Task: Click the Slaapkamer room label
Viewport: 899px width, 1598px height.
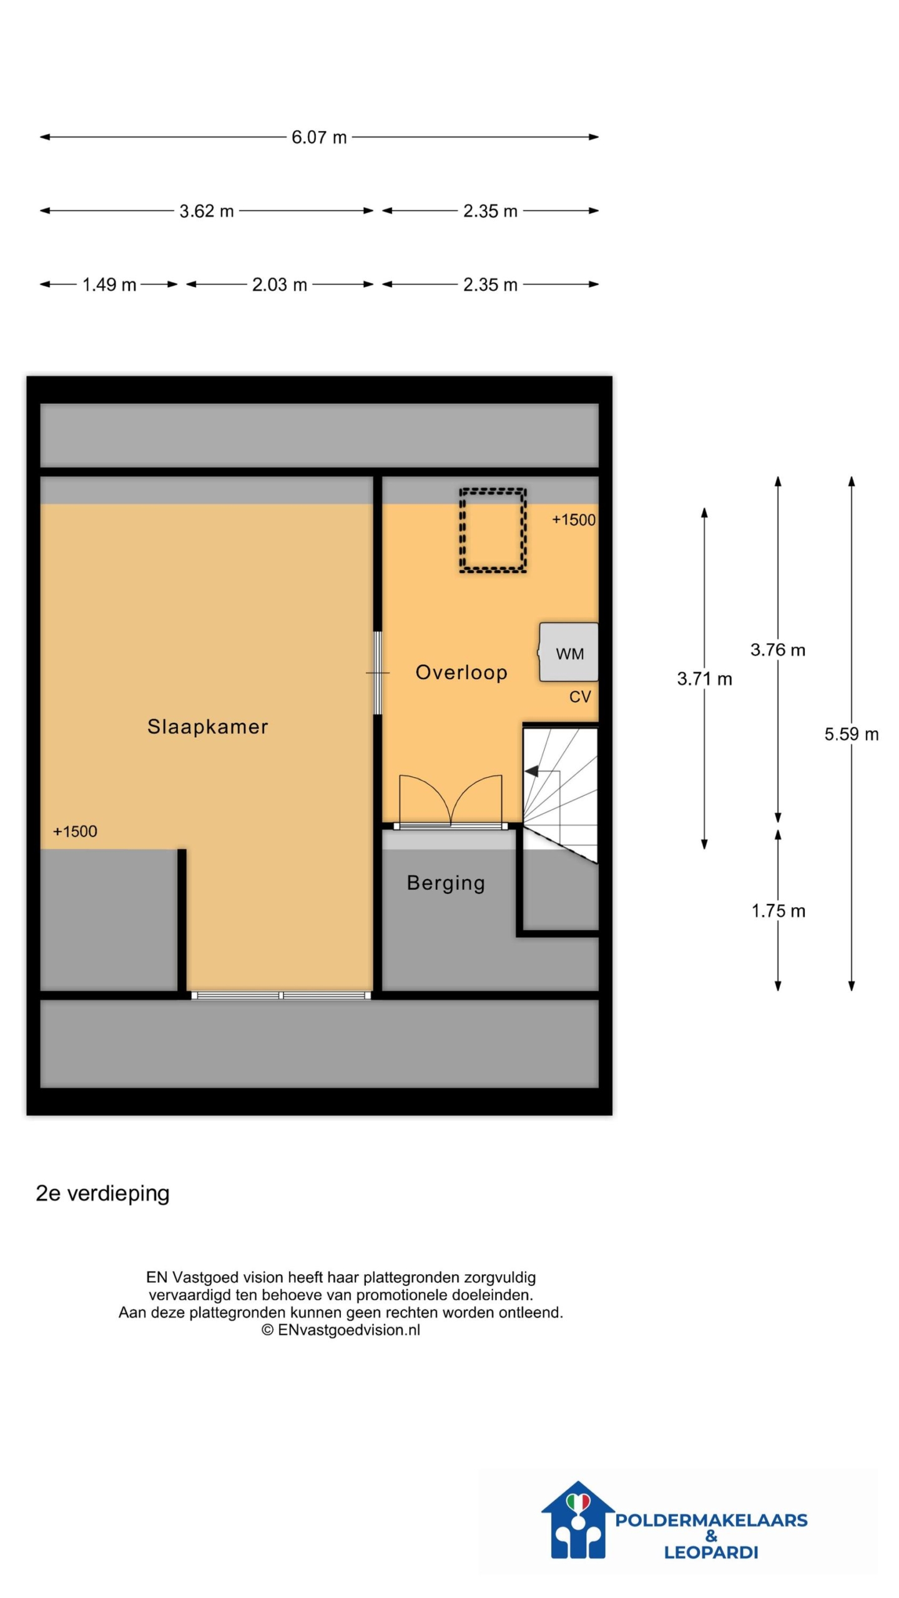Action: (207, 727)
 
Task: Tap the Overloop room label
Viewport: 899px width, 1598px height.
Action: (461, 672)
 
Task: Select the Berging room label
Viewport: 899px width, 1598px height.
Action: (446, 883)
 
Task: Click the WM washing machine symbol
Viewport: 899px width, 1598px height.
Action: (568, 652)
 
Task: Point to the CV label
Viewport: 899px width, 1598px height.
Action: (580, 697)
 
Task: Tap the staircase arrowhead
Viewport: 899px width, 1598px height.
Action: (531, 772)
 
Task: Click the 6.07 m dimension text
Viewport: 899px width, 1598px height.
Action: (319, 137)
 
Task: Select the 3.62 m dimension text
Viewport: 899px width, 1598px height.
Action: (207, 211)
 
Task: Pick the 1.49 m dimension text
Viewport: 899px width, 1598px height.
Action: (109, 285)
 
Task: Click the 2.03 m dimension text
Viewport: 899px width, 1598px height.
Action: (279, 285)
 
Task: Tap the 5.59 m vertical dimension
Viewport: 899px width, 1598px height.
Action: (852, 734)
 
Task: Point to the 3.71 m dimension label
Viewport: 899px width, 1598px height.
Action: (704, 679)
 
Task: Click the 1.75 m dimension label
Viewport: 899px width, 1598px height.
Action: (778, 911)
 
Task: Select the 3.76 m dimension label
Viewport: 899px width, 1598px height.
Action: (778, 650)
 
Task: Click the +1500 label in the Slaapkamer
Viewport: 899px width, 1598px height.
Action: (75, 831)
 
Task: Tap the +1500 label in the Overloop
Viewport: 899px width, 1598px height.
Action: (574, 520)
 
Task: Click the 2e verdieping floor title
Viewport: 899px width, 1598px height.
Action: (102, 1194)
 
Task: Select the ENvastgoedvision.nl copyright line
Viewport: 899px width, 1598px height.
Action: (341, 1330)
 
